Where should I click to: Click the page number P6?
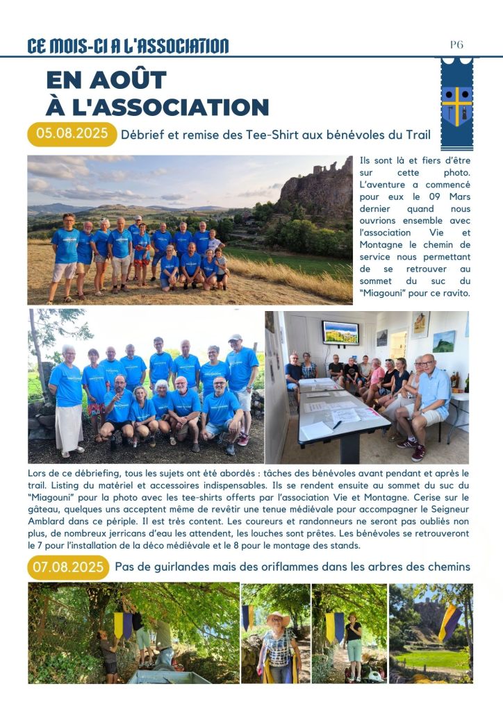pyautogui.click(x=456, y=45)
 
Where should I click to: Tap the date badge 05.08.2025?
pyautogui.click(x=72, y=134)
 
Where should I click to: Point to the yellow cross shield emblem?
pyautogui.click(x=456, y=105)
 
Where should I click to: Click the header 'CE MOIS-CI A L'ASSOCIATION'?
pyautogui.click(x=128, y=47)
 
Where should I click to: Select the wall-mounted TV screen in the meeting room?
pyautogui.click(x=340, y=333)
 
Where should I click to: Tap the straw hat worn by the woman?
pyautogui.click(x=277, y=617)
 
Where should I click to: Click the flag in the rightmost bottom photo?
pyautogui.click(x=450, y=622)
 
